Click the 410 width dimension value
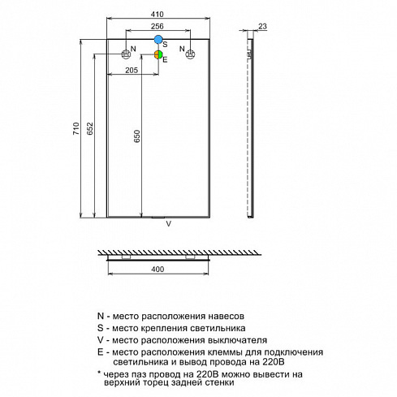(x=158, y=14)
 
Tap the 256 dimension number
(x=158, y=26)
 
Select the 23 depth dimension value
(x=262, y=26)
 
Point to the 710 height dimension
(x=76, y=128)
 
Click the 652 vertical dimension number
(x=90, y=128)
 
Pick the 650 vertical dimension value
(x=137, y=136)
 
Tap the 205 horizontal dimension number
(x=132, y=70)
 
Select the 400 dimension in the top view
(x=158, y=270)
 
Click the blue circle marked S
(x=158, y=40)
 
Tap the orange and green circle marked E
(x=158, y=54)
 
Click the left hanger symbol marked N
(x=126, y=54)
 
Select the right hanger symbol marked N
(x=190, y=54)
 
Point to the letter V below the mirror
(x=169, y=224)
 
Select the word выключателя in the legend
(x=237, y=340)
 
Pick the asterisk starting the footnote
(x=99, y=373)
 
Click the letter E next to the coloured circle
(x=165, y=60)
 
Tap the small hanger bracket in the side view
(x=249, y=54)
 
